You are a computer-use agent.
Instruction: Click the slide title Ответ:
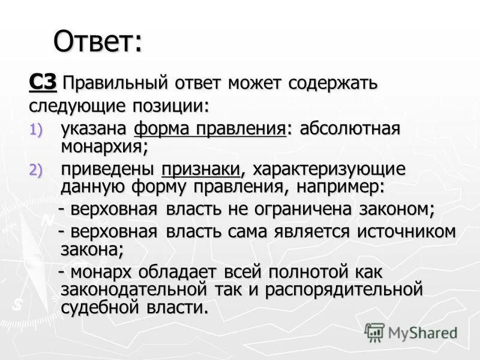pyautogui.click(x=98, y=42)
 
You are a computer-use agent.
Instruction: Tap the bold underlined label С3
pyautogui.click(x=43, y=82)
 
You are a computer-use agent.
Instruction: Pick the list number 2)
pyautogui.click(x=37, y=170)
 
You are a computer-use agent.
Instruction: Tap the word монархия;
pyautogui.click(x=104, y=145)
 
